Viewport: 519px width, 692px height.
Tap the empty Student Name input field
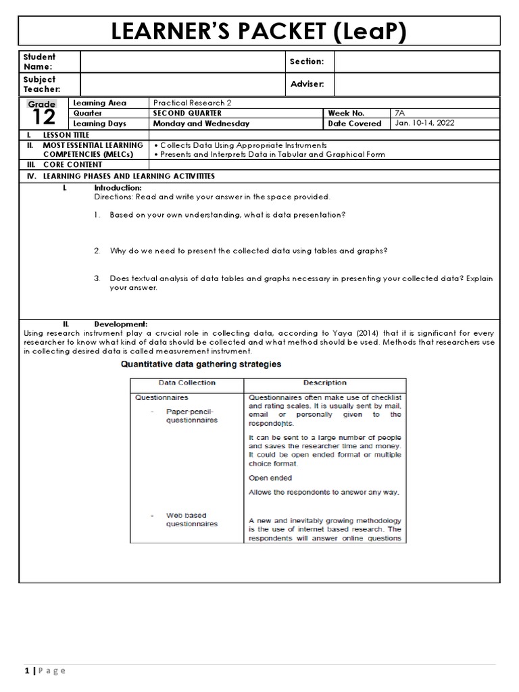pyautogui.click(x=182, y=61)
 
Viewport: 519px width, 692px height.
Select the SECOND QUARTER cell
pyautogui.click(x=187, y=113)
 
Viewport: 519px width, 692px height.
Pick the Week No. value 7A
pyautogui.click(x=400, y=113)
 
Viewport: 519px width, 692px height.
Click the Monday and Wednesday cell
pyautogui.click(x=201, y=124)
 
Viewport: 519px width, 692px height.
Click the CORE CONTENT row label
pyautogui.click(x=72, y=164)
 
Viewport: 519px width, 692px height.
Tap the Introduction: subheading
pyautogui.click(x=118, y=187)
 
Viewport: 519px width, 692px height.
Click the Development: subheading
pyautogui.click(x=120, y=324)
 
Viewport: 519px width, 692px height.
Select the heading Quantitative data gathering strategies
pyautogui.click(x=201, y=364)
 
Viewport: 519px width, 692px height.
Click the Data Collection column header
pyautogui.click(x=187, y=382)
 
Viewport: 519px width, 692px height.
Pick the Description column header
pyautogui.click(x=324, y=382)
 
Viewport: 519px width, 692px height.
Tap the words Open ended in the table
pyautogui.click(x=270, y=478)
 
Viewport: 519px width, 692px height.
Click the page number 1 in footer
pyautogui.click(x=26, y=670)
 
